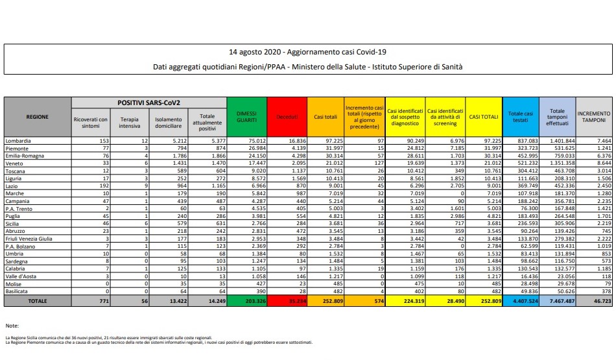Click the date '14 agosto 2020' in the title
(252, 51)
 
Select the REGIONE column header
(37, 116)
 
